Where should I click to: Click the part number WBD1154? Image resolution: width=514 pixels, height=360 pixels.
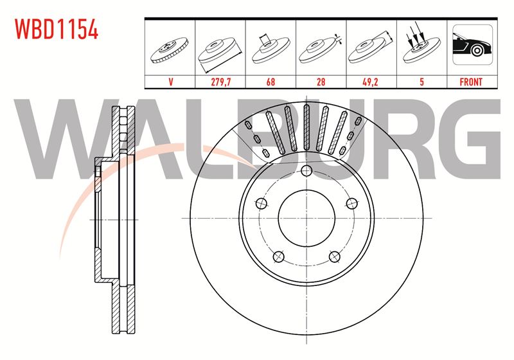[57, 29]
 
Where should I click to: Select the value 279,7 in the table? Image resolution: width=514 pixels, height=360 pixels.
[220, 82]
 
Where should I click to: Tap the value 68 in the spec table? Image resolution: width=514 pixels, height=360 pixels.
[270, 82]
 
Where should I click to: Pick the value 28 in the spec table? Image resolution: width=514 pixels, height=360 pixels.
[321, 82]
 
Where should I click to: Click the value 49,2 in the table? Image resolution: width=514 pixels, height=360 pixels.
[370, 82]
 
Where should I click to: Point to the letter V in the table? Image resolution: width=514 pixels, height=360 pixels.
[170, 82]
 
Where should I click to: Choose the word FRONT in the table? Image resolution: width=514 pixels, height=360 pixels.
[471, 82]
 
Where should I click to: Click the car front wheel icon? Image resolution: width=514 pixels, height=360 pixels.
[472, 44]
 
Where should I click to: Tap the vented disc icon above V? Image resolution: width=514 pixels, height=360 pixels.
[170, 50]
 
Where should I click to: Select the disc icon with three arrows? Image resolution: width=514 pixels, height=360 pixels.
[421, 44]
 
